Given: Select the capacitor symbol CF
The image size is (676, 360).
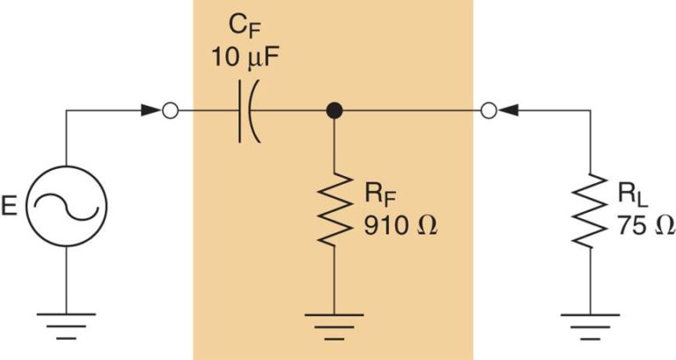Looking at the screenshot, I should coord(246,112).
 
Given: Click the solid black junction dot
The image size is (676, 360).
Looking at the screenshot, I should coord(334,112).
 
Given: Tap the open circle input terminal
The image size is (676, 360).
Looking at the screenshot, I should coord(172,112).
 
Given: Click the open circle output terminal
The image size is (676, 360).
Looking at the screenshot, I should coord(492,112).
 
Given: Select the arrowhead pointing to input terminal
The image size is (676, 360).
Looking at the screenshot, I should coord(149,112).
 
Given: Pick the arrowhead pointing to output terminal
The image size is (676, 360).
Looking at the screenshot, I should coord(514,112).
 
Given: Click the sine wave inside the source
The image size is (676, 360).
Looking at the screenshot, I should coord(67,208).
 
